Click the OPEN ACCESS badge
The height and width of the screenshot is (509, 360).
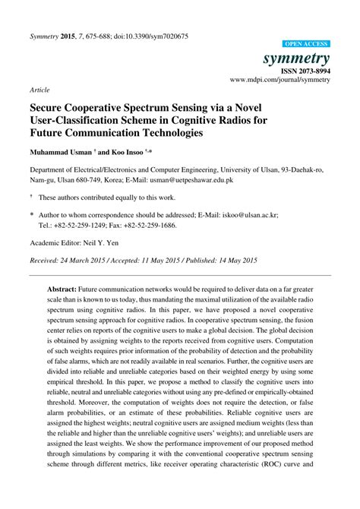(x=306, y=45)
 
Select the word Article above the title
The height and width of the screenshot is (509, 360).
(x=39, y=90)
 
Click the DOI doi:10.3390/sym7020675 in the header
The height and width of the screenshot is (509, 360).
(x=150, y=36)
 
